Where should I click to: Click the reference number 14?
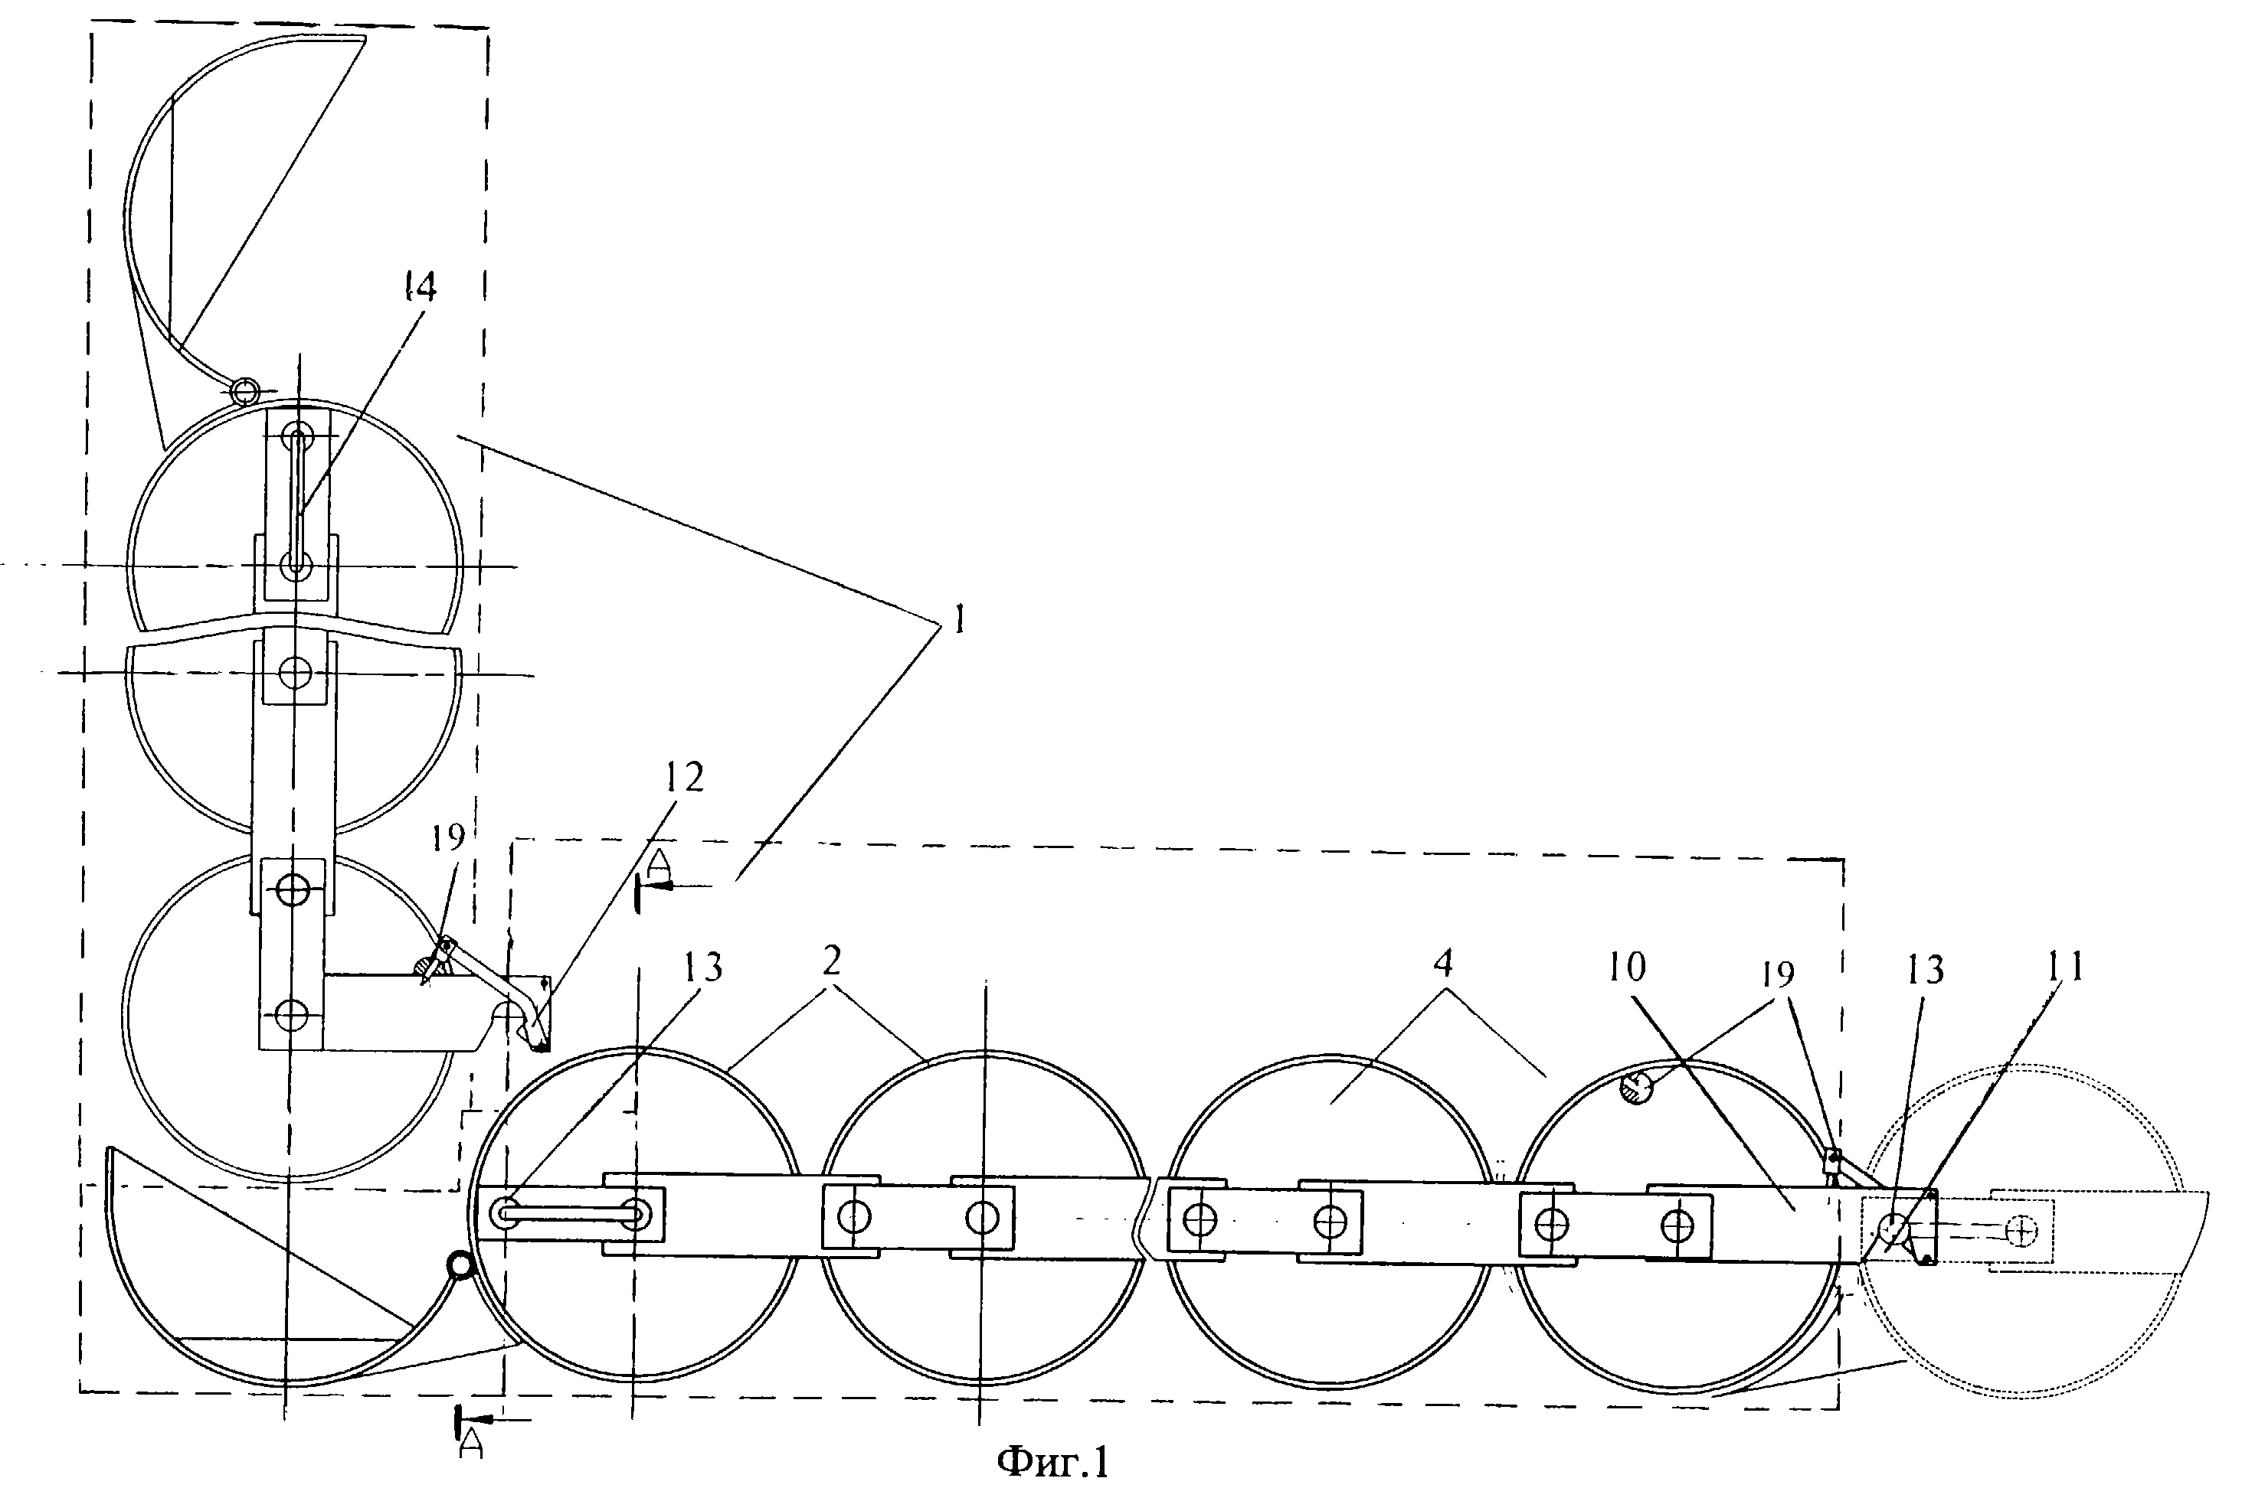420,287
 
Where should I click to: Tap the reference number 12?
684,778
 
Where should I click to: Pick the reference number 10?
1627,967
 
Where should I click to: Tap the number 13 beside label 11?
1924,971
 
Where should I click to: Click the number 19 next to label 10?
1778,974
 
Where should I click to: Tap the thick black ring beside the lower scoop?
460,1267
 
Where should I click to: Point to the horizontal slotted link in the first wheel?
570,1214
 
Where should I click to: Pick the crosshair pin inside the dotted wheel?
2021,1231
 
